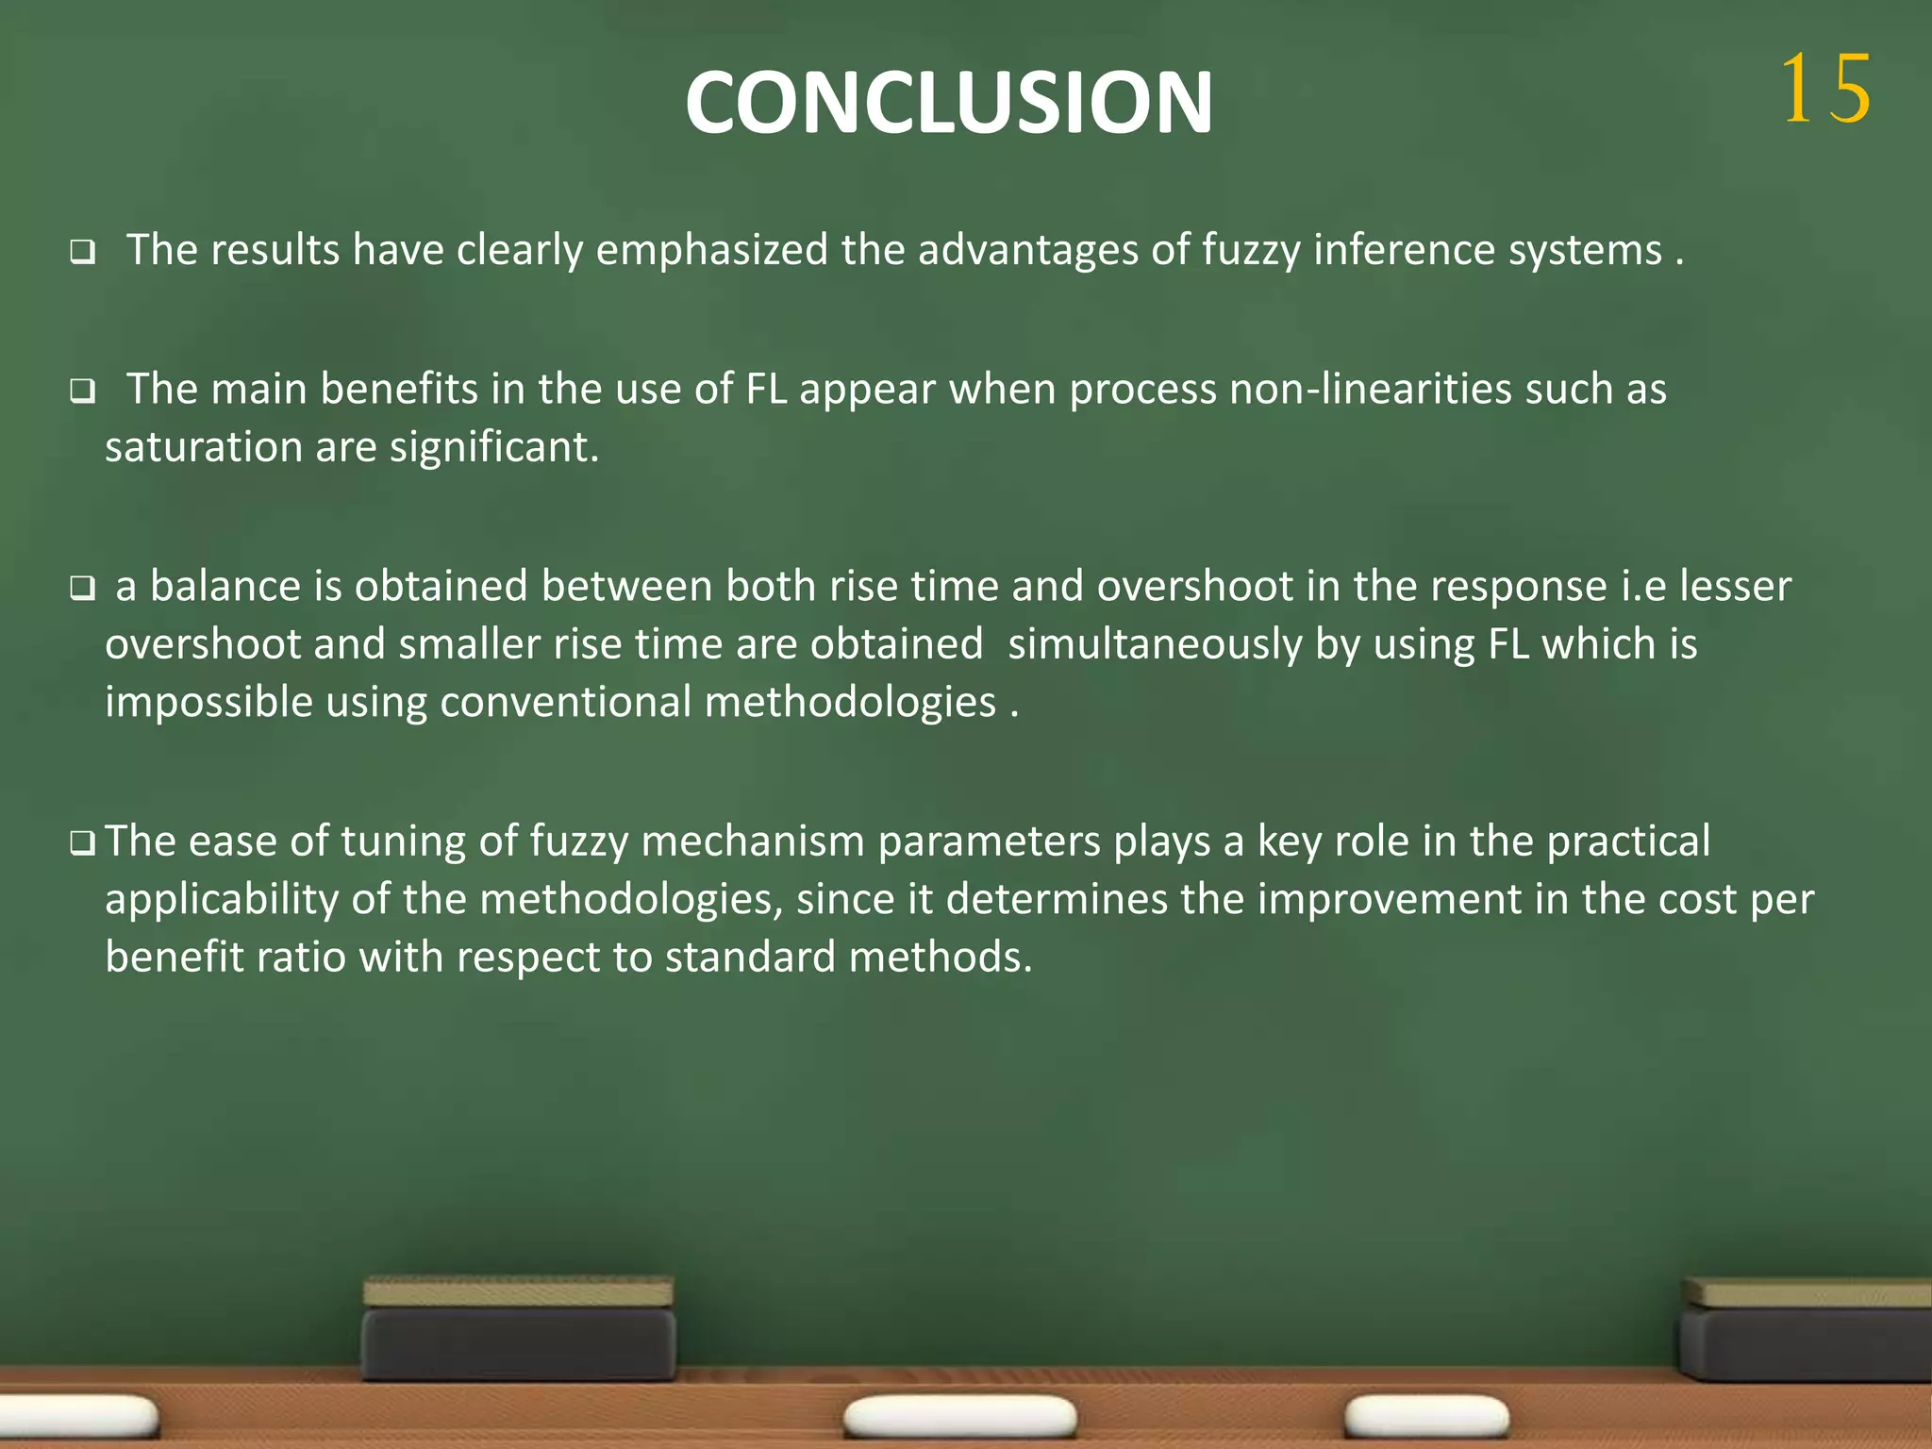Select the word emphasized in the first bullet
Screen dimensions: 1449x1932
[x=711, y=250]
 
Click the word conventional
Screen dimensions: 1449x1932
[x=565, y=703]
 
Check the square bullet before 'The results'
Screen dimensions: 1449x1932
[x=82, y=253]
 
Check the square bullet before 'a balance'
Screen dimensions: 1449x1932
[x=82, y=590]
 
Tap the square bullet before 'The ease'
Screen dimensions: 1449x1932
[x=82, y=843]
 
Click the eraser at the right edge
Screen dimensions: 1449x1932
[x=1806, y=1330]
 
